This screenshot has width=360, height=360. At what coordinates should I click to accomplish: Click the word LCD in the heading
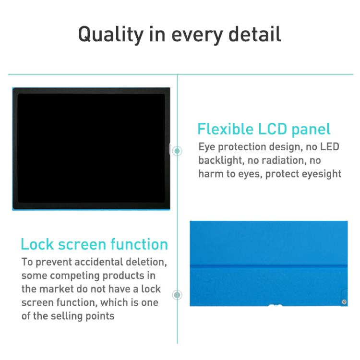click(274, 129)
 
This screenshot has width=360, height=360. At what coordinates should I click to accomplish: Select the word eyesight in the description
click(321, 174)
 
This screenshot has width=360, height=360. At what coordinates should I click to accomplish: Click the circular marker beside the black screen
click(177, 151)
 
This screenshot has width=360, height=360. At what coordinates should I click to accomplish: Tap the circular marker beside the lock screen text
click(177, 294)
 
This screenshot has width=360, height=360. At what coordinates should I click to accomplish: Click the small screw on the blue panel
click(343, 301)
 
